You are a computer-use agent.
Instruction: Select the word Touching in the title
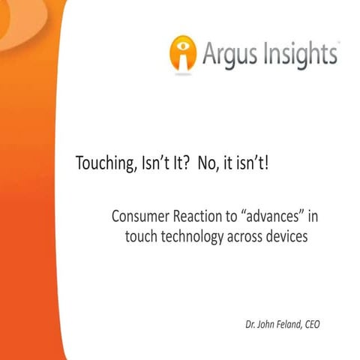[102, 163]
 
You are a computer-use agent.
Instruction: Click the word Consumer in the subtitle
[140, 217]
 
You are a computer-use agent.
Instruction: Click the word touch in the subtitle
[140, 238]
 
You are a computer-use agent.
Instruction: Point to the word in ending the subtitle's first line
[313, 217]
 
